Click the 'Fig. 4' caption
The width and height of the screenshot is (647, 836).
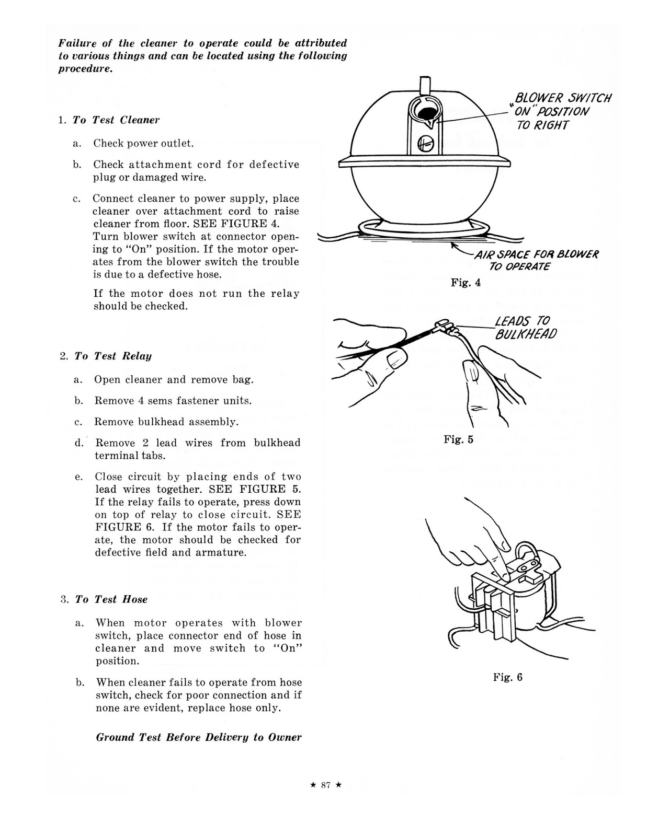(466, 283)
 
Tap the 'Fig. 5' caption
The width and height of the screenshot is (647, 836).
(458, 439)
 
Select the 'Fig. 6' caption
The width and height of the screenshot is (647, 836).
(507, 677)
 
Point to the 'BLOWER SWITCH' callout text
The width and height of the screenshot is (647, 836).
(563, 98)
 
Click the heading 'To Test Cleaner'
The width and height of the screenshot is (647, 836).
(116, 120)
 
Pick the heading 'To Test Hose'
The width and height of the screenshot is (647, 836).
(111, 599)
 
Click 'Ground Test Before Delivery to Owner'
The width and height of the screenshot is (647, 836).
(199, 737)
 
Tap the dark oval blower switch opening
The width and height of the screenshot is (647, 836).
(424, 113)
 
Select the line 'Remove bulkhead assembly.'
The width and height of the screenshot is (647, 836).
(166, 422)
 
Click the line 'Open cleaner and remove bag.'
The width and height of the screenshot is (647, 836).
(174, 380)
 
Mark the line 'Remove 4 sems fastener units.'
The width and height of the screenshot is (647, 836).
(173, 401)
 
